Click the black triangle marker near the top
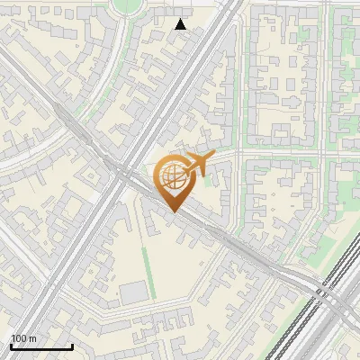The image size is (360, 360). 181,24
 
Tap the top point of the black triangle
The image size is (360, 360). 181,19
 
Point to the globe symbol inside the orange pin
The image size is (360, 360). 171,175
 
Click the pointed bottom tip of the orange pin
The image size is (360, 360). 172,211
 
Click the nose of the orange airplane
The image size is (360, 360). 212,157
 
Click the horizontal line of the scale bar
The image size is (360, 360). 41,346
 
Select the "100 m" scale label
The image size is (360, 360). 23,338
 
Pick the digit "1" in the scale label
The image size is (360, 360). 13,338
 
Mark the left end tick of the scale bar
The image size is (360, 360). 11,345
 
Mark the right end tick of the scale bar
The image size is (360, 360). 72,345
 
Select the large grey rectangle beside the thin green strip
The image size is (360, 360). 133,292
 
